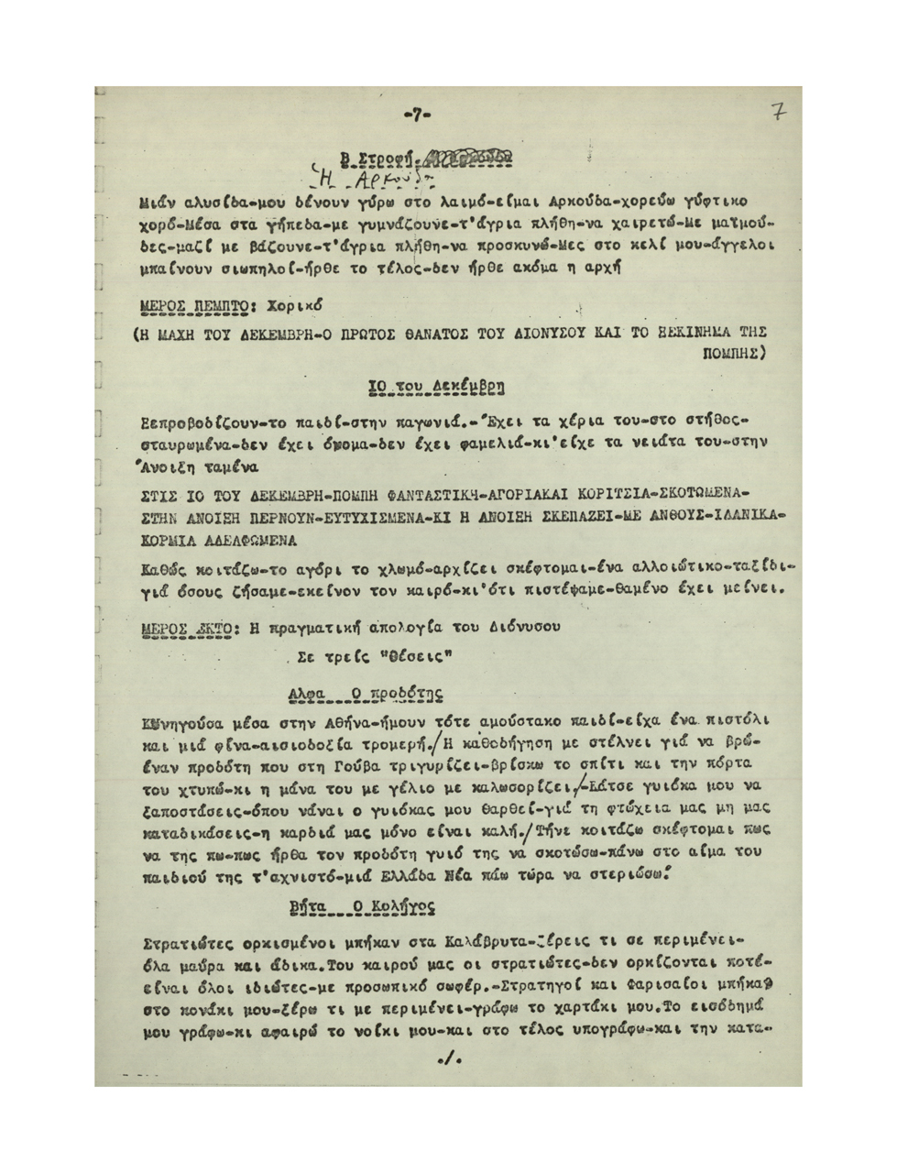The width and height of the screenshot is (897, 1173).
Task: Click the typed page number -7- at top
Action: (x=416, y=115)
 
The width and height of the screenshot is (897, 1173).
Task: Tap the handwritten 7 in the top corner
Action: (x=779, y=112)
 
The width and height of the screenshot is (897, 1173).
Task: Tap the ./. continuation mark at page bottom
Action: (x=448, y=1060)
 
